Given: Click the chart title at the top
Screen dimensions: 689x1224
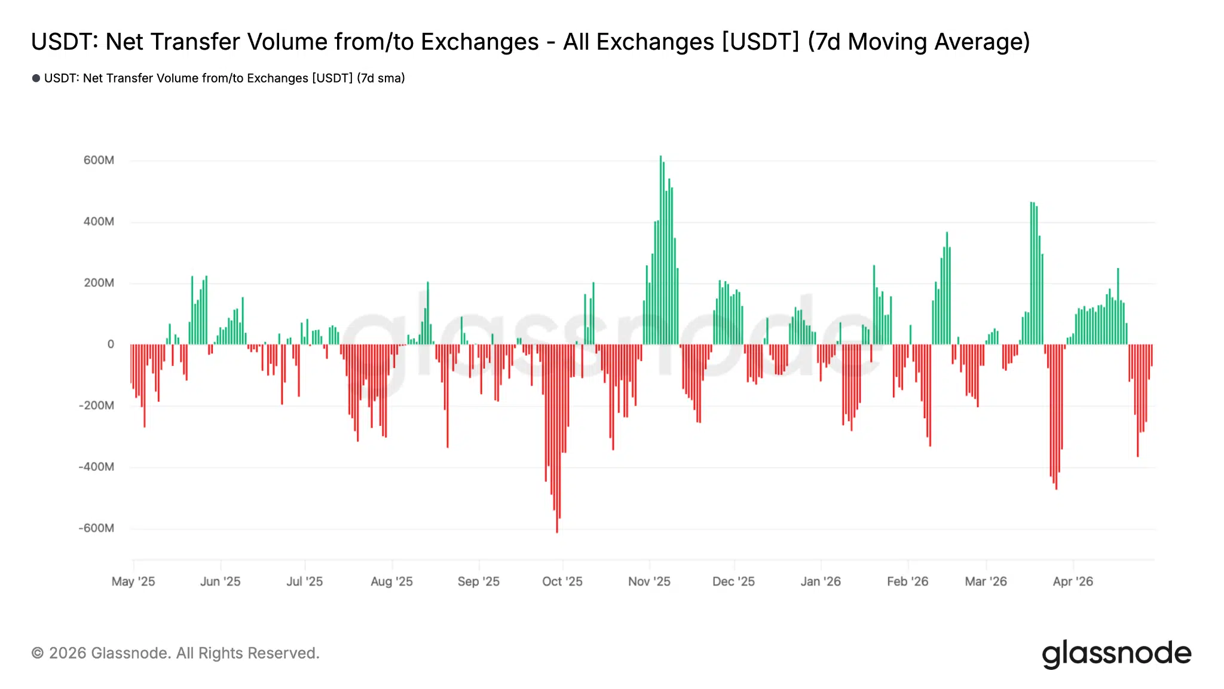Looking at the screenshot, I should pos(530,42).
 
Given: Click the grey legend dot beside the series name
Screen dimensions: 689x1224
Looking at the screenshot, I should pos(36,78).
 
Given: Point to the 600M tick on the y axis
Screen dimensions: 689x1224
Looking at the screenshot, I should pos(99,160).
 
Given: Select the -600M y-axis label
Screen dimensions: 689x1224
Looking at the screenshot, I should pos(96,528).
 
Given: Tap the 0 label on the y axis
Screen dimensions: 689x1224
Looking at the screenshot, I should pos(111,344).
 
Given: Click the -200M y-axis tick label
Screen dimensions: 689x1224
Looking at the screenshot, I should pos(96,406).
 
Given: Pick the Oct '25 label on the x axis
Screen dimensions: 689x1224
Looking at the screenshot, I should pos(562,581).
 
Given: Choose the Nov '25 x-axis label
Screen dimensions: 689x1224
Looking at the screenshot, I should pos(649,581).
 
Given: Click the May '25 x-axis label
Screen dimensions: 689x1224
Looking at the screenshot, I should pos(133,581).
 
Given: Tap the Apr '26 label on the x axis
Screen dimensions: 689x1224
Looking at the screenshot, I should pos(1073,581).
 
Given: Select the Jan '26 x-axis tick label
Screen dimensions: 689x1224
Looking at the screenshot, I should pos(821,581).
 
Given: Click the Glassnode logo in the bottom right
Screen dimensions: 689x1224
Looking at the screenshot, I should pos(1116,654).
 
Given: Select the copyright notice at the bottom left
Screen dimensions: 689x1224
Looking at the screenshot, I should pos(175,653).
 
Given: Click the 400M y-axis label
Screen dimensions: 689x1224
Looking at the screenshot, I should pos(99,222).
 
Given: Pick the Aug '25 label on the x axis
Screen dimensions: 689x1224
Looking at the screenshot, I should pos(391,581).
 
